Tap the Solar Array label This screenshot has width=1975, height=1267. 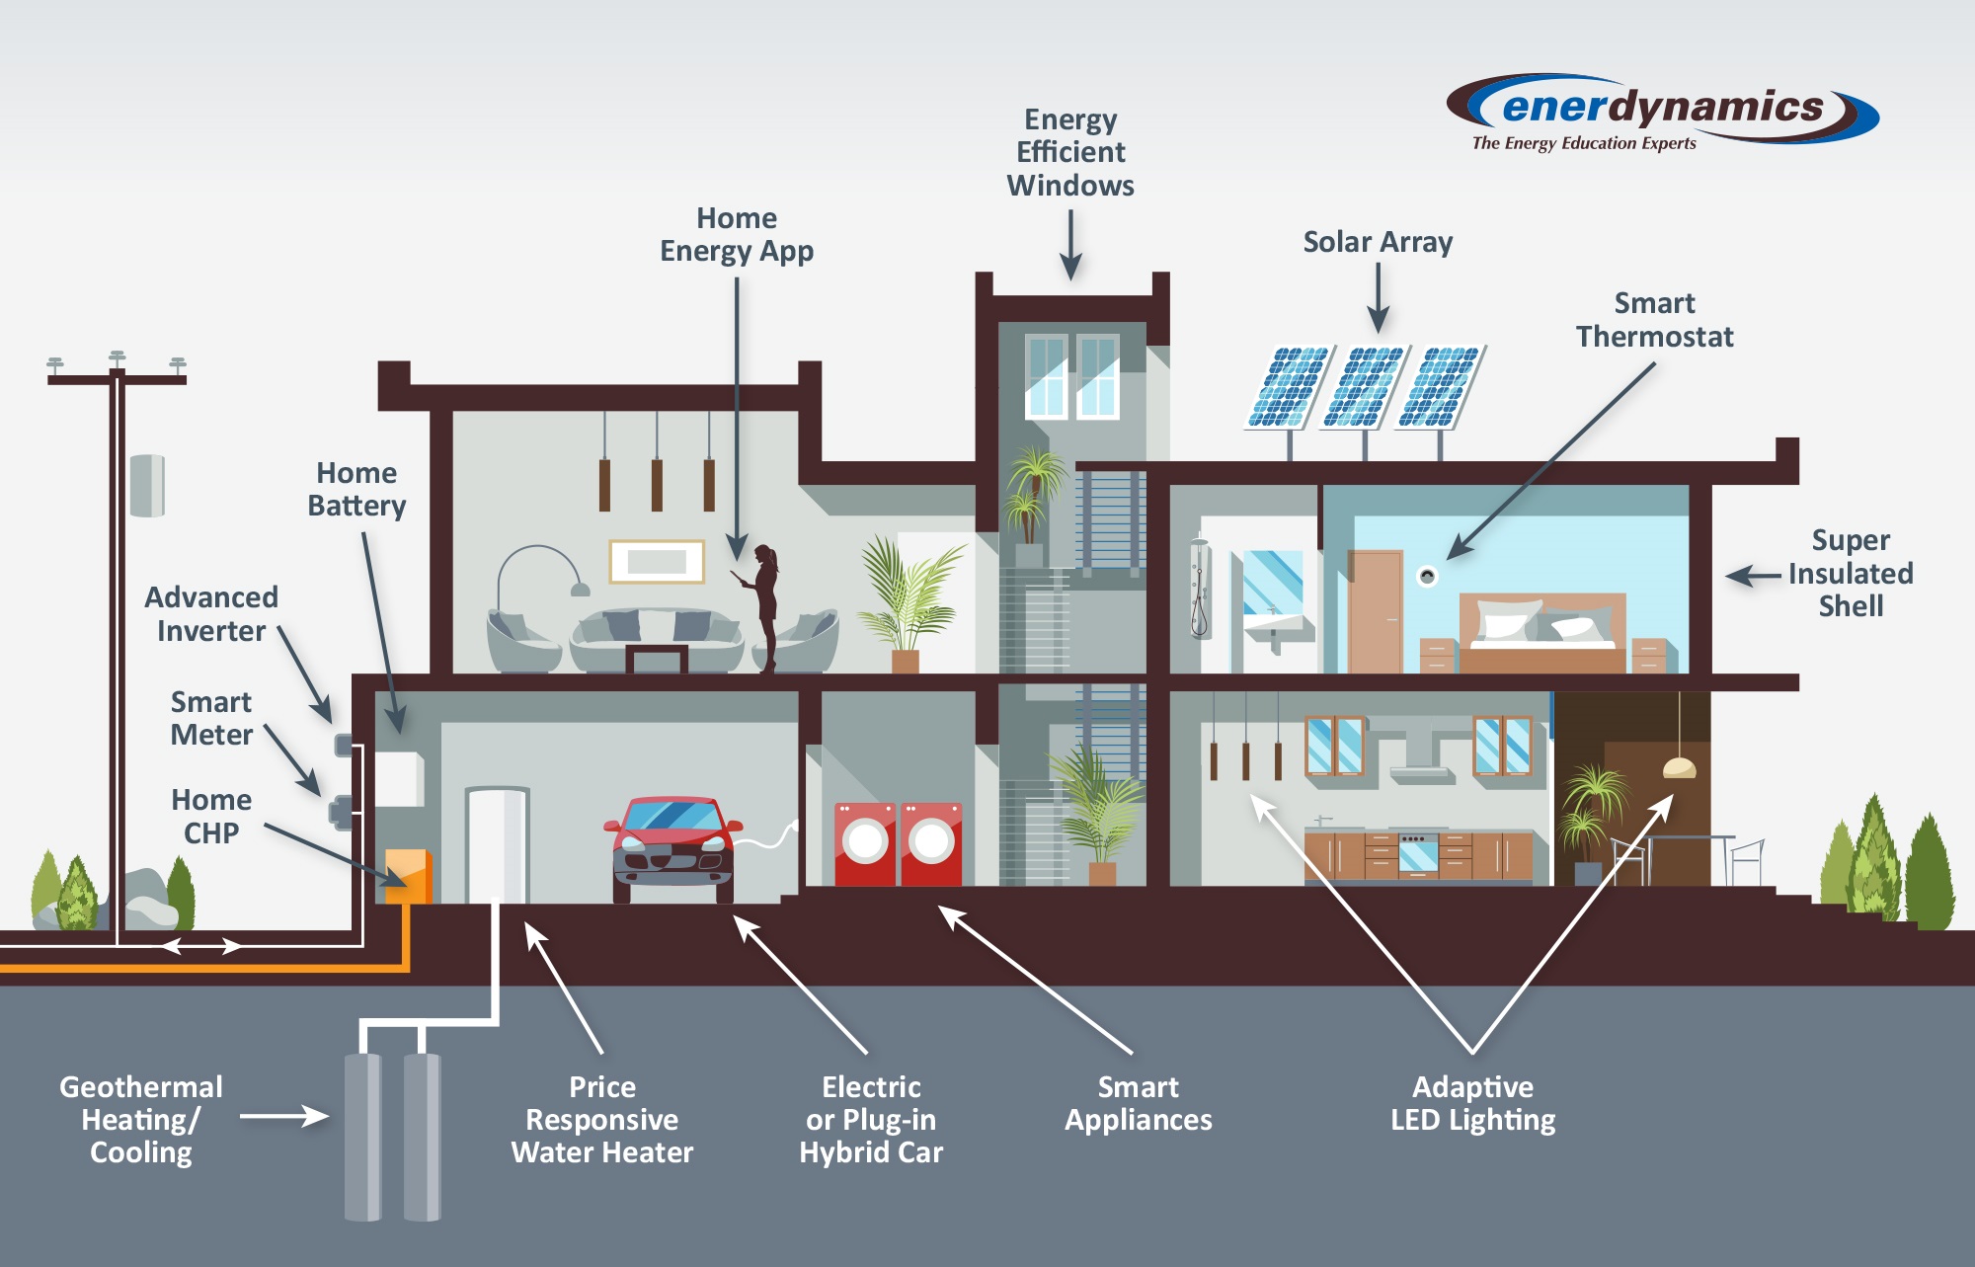pos(1378,242)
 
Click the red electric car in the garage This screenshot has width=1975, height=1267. pos(672,844)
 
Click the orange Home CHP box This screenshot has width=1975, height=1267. pos(407,875)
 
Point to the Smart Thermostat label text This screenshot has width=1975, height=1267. pos(1654,320)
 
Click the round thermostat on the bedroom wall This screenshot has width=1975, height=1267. pos(1427,576)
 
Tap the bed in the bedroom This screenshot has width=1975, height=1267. pos(1541,632)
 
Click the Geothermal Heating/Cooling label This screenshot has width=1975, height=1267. pos(140,1119)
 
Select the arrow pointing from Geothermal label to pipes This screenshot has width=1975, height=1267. pos(284,1116)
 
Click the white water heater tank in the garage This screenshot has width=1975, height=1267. pos(497,844)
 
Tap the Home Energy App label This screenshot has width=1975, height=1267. pos(737,234)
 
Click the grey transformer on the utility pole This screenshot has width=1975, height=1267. pos(147,485)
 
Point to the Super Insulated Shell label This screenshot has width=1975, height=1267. pos(1850,573)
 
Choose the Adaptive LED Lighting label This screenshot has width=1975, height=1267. pos(1472,1103)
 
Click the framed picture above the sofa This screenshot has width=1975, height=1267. pos(657,561)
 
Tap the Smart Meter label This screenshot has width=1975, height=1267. pos(211,718)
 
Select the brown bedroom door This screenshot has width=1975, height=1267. pos(1375,612)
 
